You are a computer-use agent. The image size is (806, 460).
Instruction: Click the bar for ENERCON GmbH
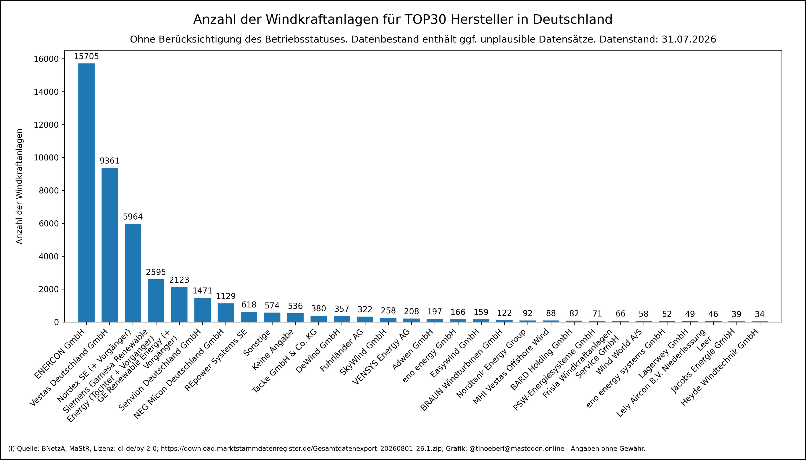click(x=86, y=193)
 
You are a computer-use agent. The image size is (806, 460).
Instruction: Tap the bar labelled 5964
click(x=133, y=273)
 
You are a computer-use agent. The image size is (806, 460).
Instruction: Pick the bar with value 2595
click(x=156, y=300)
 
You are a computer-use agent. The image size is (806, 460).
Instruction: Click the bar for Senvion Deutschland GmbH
click(x=202, y=310)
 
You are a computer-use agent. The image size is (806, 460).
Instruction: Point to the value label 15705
click(x=86, y=57)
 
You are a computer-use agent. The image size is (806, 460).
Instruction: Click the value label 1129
click(x=226, y=296)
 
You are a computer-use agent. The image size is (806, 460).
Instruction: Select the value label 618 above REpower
click(x=249, y=305)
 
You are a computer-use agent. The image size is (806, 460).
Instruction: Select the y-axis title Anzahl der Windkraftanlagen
click(x=20, y=186)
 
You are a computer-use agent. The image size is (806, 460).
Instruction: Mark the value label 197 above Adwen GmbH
click(x=435, y=312)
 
